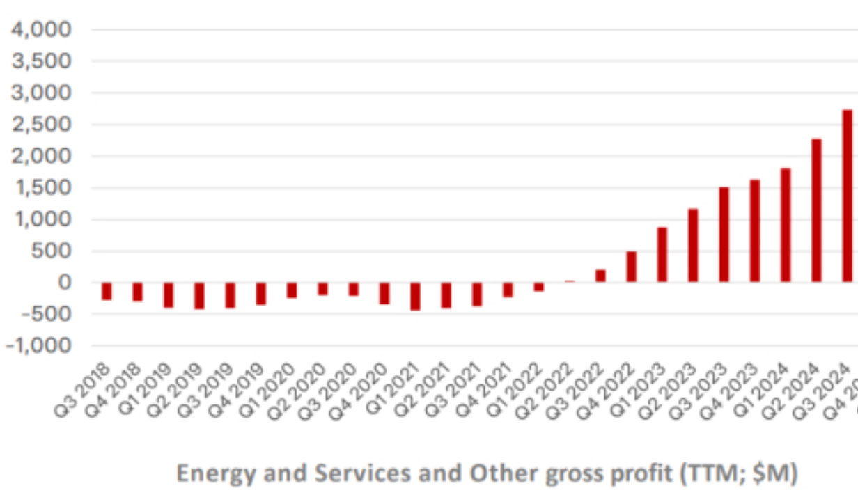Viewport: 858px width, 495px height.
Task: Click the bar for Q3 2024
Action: [x=847, y=196]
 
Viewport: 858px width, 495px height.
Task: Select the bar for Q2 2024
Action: [x=816, y=210]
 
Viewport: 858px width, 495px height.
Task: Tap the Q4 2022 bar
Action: [x=631, y=267]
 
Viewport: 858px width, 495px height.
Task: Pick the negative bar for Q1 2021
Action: [x=416, y=296]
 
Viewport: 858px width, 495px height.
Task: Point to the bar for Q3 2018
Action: [x=107, y=291]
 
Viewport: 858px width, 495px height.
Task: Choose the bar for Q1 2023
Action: [x=662, y=254]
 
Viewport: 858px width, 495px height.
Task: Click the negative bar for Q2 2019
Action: [x=199, y=295]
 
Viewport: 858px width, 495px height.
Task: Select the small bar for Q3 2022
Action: [x=600, y=276]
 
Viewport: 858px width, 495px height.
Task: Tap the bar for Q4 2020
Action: [x=384, y=293]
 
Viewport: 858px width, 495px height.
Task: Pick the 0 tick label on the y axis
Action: [x=65, y=282]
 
